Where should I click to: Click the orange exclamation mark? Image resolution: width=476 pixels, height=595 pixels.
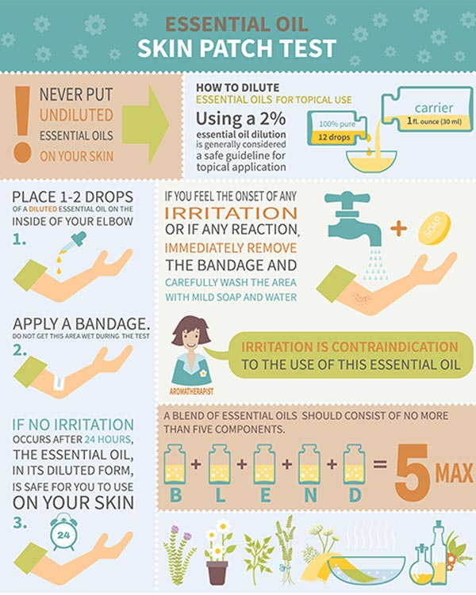[x=22, y=124]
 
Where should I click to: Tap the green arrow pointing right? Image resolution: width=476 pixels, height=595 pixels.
[x=145, y=124]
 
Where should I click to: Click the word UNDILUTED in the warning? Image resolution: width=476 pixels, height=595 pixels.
[x=76, y=115]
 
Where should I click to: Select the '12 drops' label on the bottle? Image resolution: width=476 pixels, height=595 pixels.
[x=334, y=137]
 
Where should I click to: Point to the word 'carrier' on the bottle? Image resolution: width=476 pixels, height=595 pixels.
[x=434, y=108]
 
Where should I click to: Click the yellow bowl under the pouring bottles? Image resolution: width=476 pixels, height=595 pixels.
[x=371, y=162]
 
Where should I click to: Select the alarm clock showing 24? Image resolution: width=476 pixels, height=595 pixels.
[x=63, y=534]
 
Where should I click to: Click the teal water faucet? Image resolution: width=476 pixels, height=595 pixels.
[x=352, y=218]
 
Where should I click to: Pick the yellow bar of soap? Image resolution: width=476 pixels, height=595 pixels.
[x=435, y=228]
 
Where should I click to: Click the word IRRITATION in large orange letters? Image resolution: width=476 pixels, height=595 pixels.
[x=231, y=213]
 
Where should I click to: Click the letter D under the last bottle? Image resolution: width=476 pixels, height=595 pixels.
[x=355, y=495]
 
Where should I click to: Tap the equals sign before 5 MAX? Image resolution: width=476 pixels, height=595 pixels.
[x=379, y=464]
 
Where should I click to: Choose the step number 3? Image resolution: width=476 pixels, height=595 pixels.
[x=20, y=523]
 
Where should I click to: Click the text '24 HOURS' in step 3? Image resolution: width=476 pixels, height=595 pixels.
[x=108, y=440]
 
